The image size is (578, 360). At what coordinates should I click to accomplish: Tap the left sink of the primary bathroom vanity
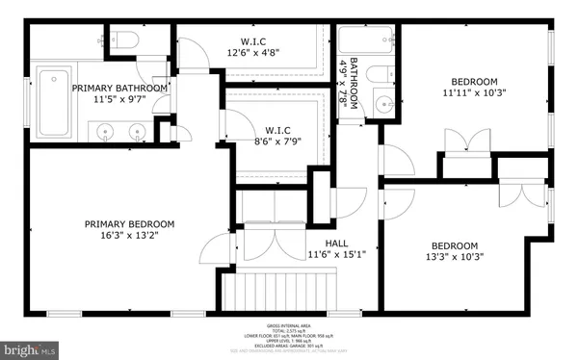tap(106, 128)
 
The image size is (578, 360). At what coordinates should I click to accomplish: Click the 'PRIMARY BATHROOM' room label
tap(121, 88)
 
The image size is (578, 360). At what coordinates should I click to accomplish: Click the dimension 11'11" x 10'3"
tap(473, 92)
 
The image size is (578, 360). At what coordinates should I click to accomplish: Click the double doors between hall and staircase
tap(262, 244)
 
